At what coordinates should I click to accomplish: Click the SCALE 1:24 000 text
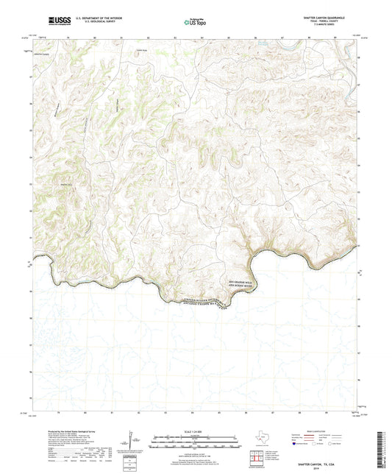coord(195,431)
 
